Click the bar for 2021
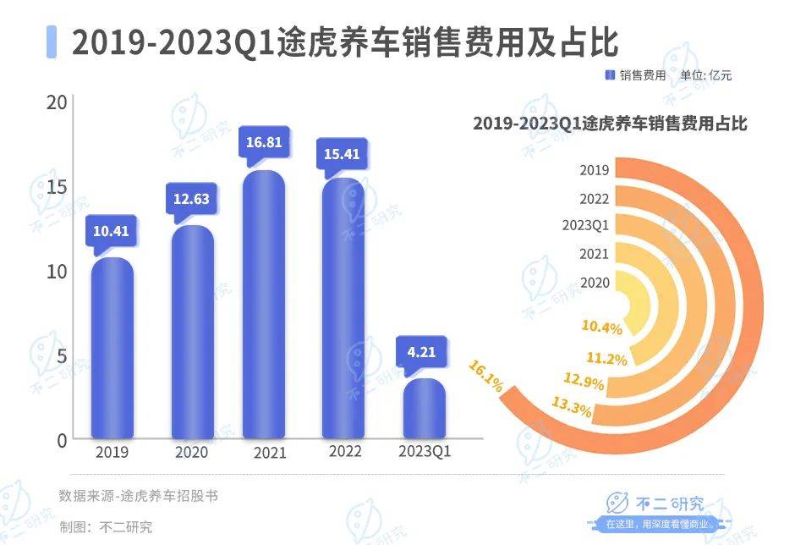(x=264, y=305)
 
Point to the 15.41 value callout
(x=343, y=155)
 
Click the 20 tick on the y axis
(x=57, y=102)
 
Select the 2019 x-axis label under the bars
(x=112, y=452)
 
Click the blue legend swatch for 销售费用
(x=610, y=75)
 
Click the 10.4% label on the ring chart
(x=601, y=328)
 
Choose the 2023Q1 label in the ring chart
(x=585, y=225)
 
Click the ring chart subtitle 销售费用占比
(x=610, y=124)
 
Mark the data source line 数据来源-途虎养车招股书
(x=138, y=496)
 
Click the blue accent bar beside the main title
(x=52, y=41)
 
